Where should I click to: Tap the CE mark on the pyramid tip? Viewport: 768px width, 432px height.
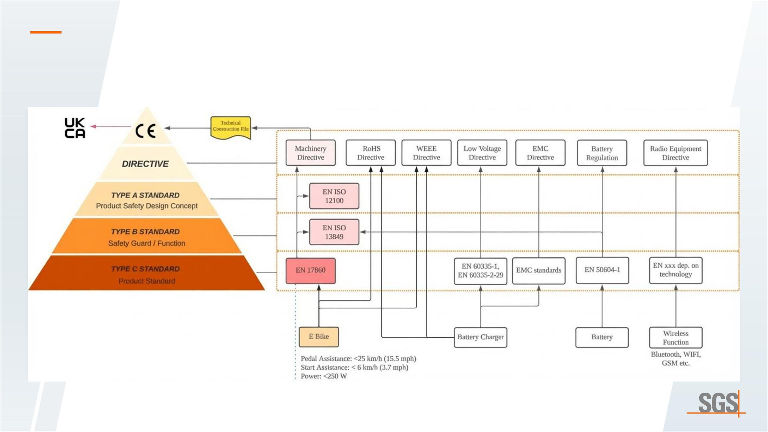point(146,130)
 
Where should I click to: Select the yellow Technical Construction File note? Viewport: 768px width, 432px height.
point(230,127)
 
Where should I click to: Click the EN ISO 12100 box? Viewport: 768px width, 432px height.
point(334,196)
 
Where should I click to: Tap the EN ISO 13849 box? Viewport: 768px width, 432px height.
point(334,232)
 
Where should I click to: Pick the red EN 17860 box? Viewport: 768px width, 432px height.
point(310,270)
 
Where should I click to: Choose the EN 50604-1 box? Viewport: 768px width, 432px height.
point(602,270)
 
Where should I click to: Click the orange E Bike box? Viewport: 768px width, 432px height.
point(319,337)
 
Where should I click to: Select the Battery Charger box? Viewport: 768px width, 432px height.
point(480,337)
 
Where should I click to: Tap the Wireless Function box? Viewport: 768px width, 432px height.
point(676,337)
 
